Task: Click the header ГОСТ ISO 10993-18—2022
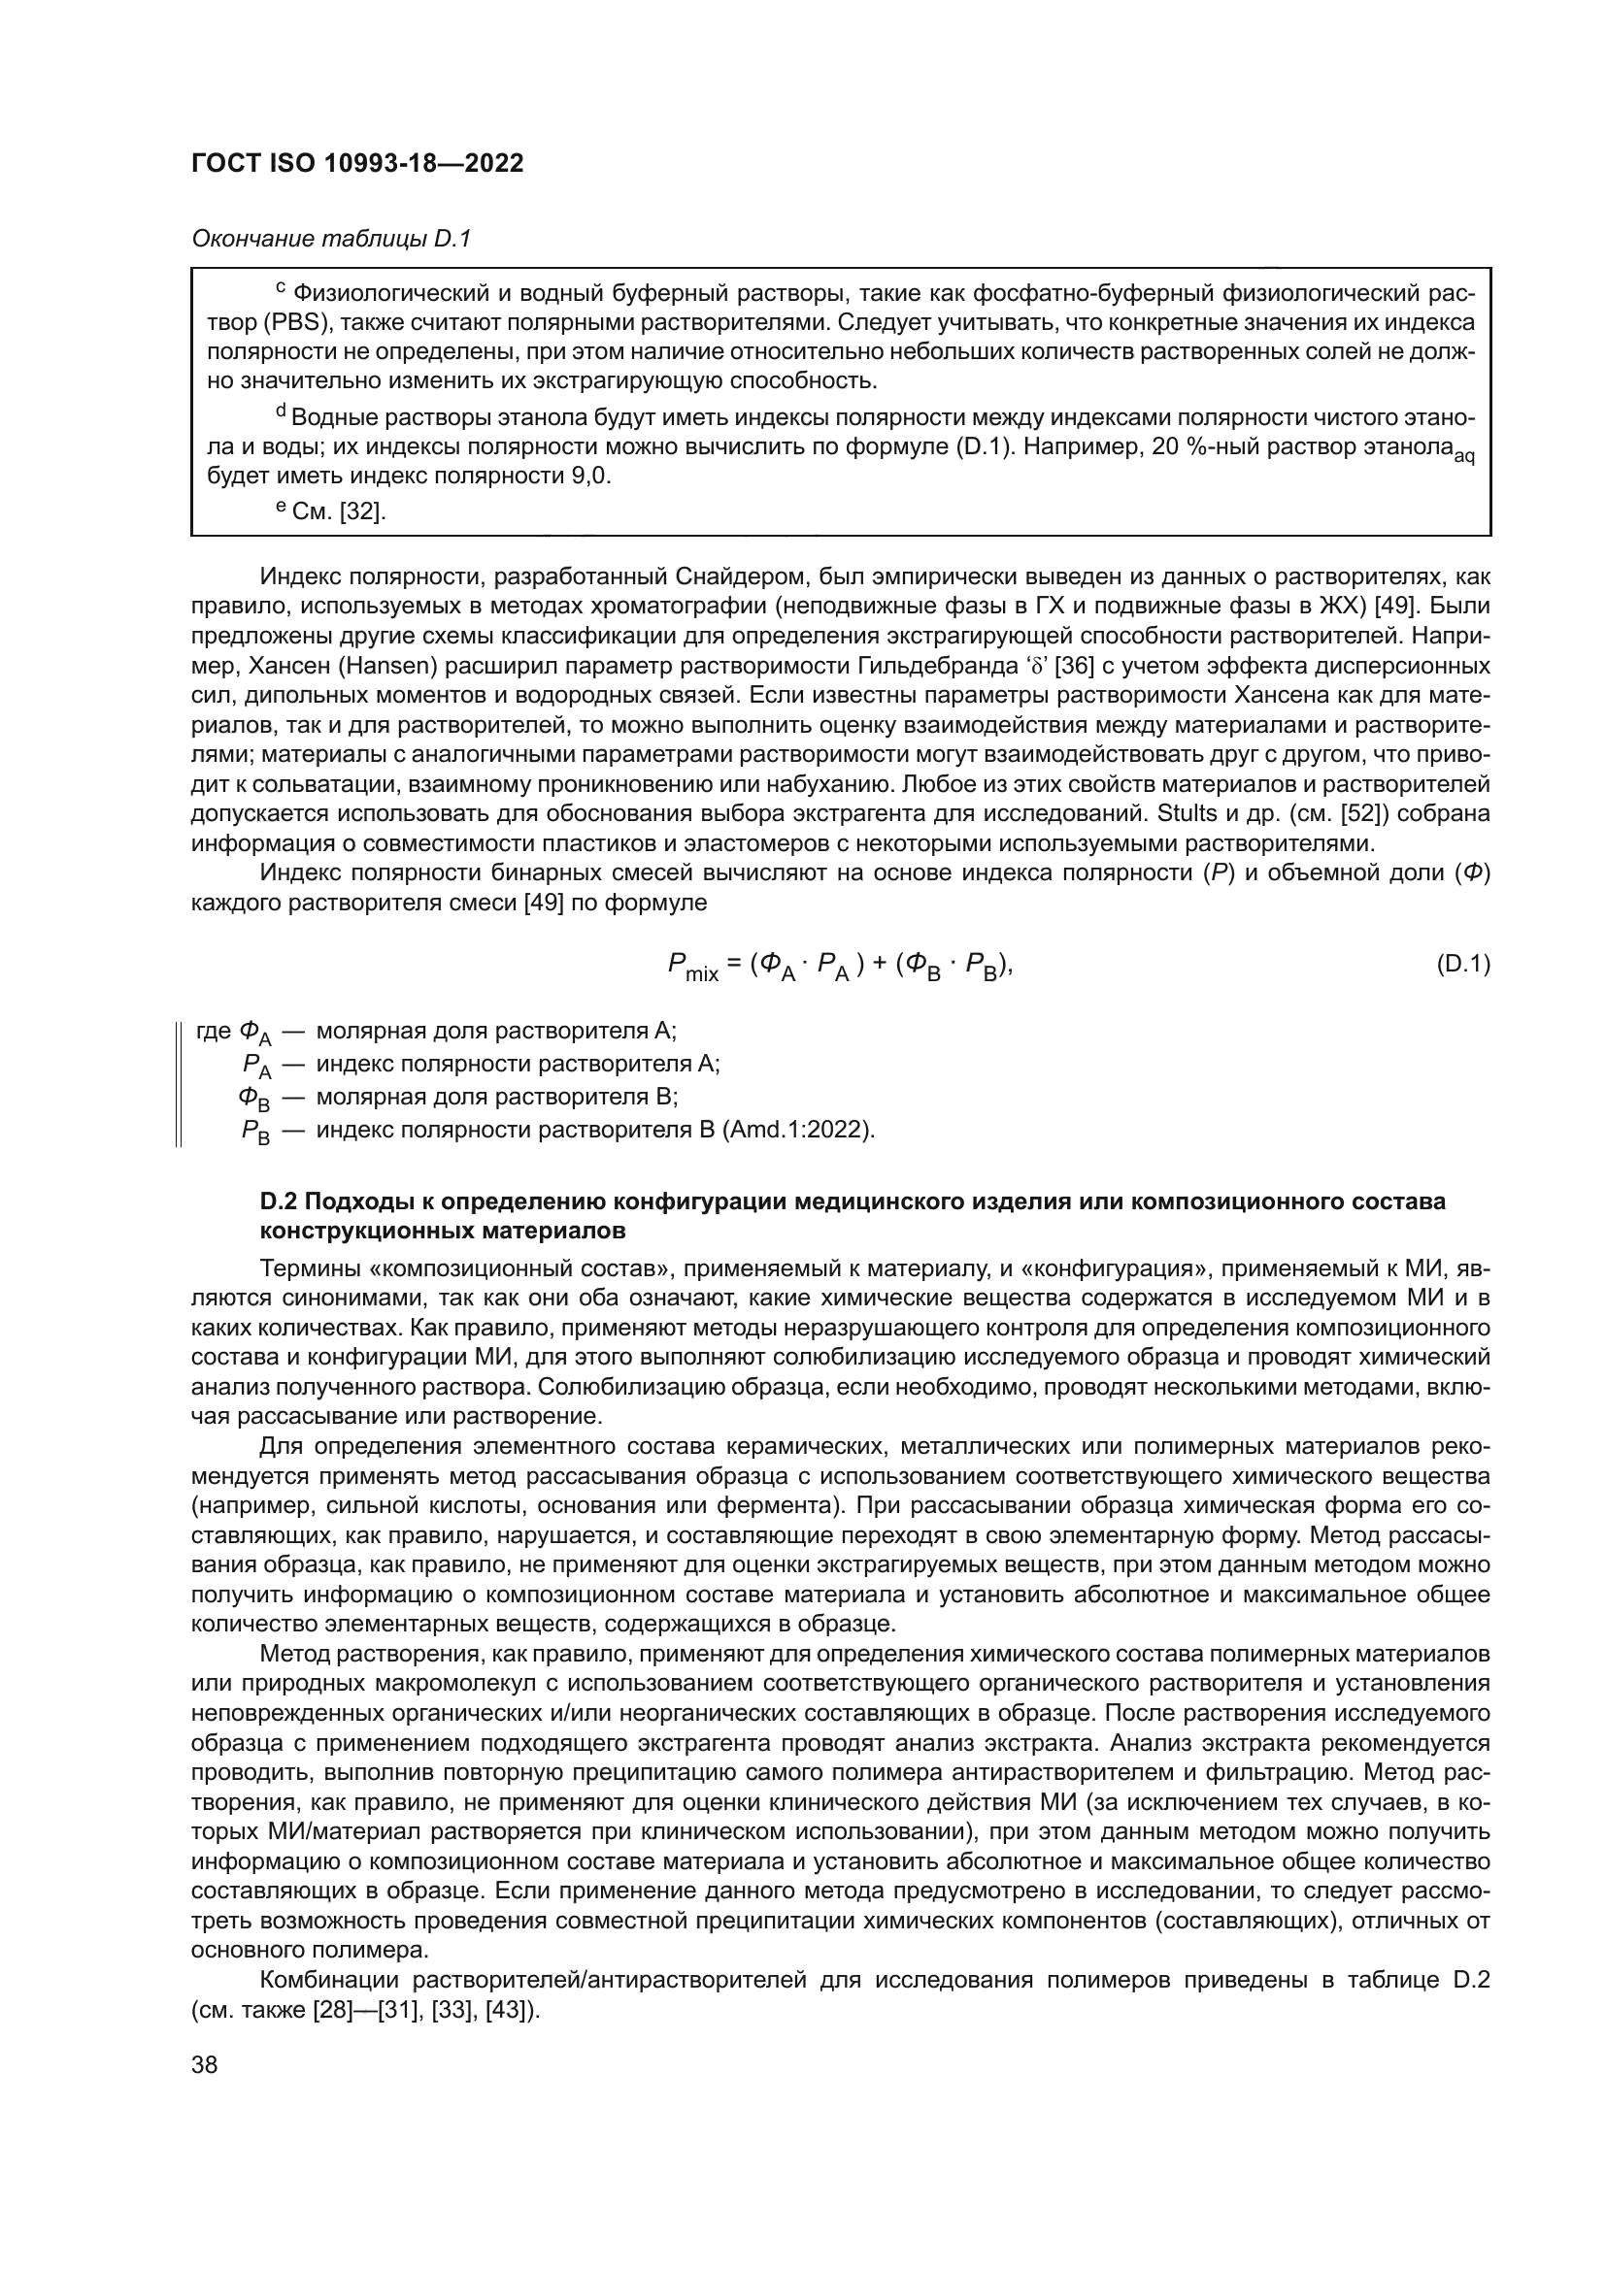tap(357, 163)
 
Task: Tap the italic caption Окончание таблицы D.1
tap(331, 239)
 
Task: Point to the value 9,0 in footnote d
tap(590, 477)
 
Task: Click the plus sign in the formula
tap(880, 964)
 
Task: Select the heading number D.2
tap(278, 1201)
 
